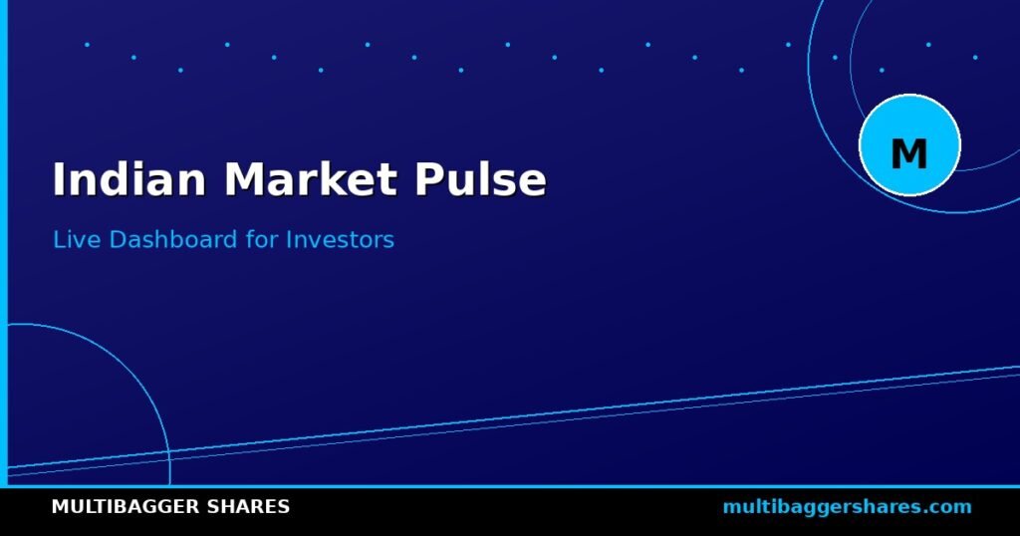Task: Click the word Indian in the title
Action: pos(129,179)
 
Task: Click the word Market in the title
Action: pos(311,179)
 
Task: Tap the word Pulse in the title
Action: pos(481,179)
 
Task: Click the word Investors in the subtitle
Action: pos(341,239)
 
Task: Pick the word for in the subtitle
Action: pos(262,239)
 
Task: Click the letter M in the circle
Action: pos(908,154)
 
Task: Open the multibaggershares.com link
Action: pos(847,507)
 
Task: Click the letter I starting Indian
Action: pos(59,179)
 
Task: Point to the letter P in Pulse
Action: pos(429,179)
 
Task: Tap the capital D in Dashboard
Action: pos(118,239)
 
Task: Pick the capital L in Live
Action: pos(59,239)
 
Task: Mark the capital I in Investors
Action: pos(289,239)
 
